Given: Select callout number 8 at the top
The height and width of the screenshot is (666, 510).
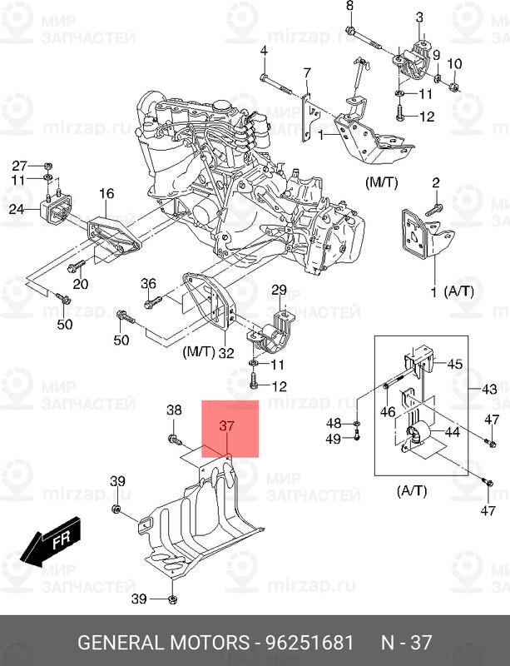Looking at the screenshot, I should [349, 7].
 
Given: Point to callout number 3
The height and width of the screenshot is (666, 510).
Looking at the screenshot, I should [420, 17].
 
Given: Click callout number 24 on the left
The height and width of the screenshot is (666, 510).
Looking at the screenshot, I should [17, 210].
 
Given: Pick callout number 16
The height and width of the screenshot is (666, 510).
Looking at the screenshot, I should [106, 194].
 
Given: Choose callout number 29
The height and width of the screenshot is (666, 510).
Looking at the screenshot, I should [279, 290].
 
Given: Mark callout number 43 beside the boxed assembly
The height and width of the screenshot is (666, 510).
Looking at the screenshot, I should [489, 390].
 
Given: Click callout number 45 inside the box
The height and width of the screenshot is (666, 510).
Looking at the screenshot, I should [455, 364].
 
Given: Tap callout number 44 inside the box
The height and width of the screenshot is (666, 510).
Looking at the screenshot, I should [453, 432].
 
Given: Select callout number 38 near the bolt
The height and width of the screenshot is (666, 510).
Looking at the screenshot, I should [174, 410].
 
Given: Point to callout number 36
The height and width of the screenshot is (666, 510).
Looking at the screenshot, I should [148, 283].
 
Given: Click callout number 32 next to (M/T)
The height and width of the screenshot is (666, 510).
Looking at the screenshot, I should [225, 353].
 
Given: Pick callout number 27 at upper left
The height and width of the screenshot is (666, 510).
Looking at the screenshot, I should [19, 165].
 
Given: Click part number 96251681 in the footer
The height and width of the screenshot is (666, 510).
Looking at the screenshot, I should [310, 644].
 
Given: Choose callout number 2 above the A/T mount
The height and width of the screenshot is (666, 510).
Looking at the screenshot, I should [436, 183].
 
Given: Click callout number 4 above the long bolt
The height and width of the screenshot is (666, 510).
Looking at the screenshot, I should [264, 52].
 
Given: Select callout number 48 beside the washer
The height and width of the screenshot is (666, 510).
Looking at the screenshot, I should [334, 423].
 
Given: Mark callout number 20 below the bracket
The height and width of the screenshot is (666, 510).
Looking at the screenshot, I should [81, 285].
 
